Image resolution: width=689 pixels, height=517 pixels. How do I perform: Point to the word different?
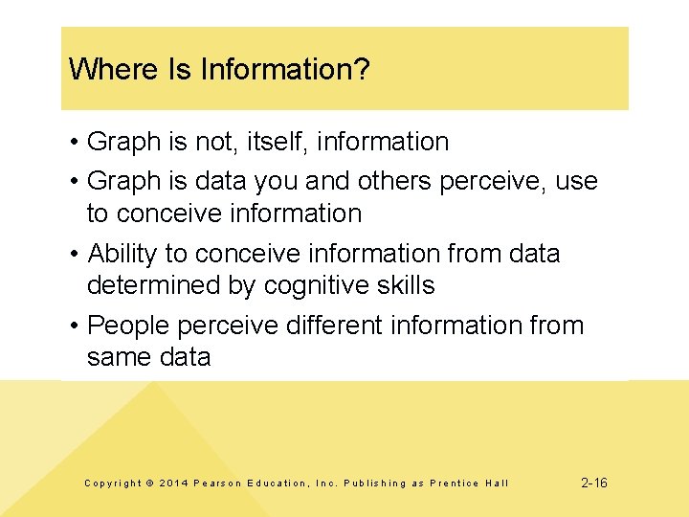[x=327, y=326]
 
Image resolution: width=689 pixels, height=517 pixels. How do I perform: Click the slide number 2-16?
[x=594, y=483]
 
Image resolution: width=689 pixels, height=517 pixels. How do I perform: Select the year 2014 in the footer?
[x=173, y=483]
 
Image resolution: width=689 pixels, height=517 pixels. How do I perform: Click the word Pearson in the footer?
[x=216, y=483]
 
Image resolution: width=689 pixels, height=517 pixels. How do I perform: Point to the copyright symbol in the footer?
[x=149, y=483]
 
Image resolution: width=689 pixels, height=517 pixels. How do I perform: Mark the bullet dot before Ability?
[x=74, y=254]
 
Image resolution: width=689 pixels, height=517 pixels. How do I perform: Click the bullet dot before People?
[x=74, y=326]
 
